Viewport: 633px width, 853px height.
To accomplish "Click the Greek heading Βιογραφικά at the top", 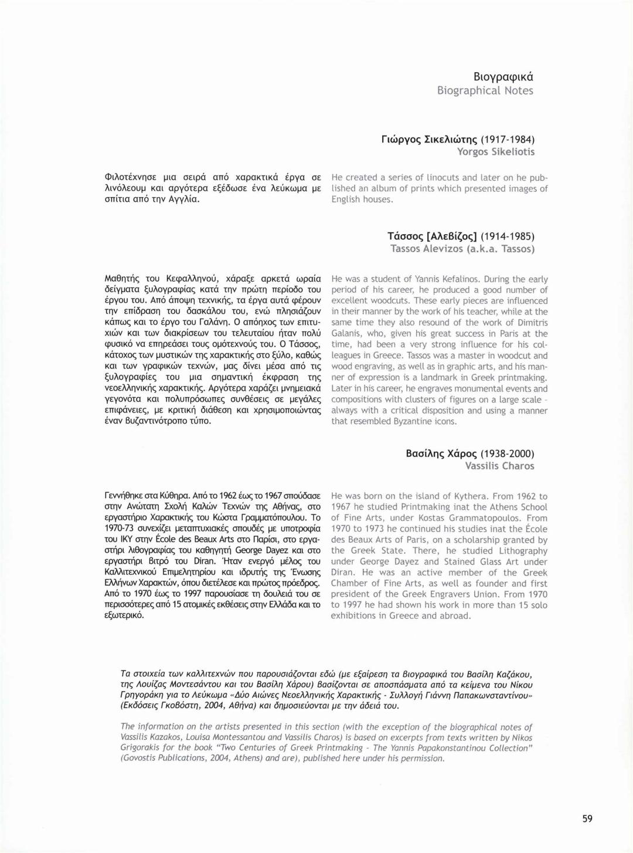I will point(503,77).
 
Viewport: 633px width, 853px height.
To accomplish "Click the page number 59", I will point(587,818).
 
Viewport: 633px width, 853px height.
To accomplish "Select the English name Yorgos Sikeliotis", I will point(496,152).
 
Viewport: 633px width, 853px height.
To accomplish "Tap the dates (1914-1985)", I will point(508,236).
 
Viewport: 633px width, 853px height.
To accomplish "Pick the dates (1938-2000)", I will point(508,453).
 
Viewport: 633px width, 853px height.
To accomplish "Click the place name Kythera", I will point(466,496).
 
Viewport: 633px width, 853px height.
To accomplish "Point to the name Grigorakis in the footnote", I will point(141,747).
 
